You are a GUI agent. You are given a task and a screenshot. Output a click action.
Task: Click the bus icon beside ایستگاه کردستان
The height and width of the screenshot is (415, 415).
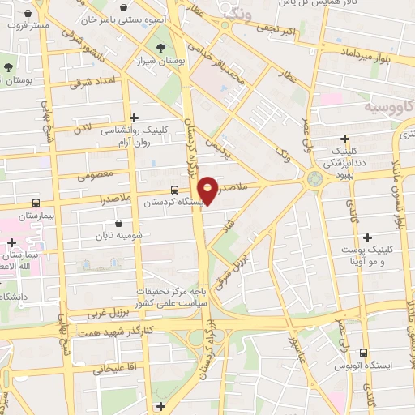152,190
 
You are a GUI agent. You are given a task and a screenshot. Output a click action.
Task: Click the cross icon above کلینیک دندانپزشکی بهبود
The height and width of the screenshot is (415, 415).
345,139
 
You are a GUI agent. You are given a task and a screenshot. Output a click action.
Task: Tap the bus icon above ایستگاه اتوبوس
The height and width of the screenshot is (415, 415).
362,353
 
